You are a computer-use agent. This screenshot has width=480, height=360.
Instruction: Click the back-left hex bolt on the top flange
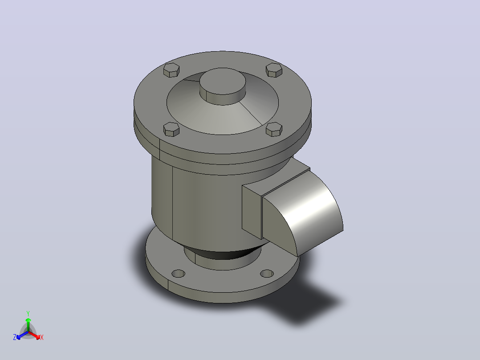(x=171, y=70)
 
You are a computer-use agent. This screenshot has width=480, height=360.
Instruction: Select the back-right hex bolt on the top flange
(x=274, y=70)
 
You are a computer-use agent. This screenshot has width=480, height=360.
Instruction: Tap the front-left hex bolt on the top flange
(x=171, y=129)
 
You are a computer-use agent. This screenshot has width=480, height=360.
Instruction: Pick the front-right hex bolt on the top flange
(x=274, y=129)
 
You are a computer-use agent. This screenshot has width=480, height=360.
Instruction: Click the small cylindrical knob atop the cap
(x=223, y=86)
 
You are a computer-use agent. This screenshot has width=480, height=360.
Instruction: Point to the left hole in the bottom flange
(x=179, y=273)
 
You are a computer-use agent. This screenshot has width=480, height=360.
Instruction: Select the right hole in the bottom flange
(x=267, y=273)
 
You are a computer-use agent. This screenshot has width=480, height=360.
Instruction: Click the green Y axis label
(x=28, y=313)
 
